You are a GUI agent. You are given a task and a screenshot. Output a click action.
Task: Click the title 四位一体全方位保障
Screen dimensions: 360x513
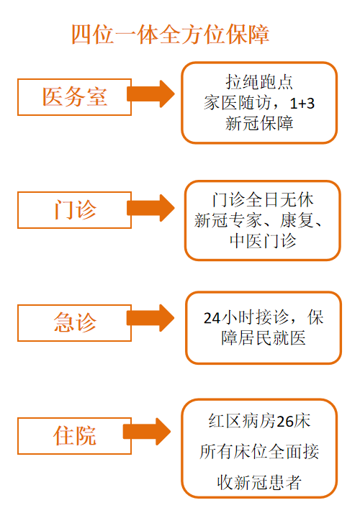[x=170, y=35]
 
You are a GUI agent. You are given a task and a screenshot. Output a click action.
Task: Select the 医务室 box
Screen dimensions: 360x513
[x=75, y=97]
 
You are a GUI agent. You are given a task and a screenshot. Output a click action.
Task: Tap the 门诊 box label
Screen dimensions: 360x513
[x=75, y=209]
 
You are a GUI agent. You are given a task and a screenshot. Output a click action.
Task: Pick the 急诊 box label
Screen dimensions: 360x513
[x=75, y=322]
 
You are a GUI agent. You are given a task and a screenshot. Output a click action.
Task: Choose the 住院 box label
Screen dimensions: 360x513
[x=75, y=435]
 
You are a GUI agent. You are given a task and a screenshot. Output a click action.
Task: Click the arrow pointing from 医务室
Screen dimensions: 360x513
[x=150, y=94]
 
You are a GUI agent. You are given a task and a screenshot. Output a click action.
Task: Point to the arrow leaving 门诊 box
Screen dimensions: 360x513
[x=150, y=208]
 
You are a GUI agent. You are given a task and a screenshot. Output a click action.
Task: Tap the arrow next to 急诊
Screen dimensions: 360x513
[x=150, y=318]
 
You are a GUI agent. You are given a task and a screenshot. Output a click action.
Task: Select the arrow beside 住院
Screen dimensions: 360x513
[x=147, y=432]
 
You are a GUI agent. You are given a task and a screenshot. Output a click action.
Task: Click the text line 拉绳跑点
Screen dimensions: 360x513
[x=259, y=82]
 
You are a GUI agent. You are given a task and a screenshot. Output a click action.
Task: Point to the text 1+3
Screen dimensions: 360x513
[x=302, y=104]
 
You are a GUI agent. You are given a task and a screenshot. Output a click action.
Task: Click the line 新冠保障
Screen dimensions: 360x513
[x=259, y=124]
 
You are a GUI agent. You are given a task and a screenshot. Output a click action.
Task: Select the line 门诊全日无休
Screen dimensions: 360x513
[x=263, y=200]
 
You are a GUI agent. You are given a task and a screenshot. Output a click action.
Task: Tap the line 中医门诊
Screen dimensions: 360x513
[x=263, y=241]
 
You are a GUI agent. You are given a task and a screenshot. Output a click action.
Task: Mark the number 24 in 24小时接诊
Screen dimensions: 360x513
[x=212, y=318]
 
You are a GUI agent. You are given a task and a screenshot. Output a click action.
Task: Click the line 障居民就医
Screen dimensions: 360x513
[x=264, y=338]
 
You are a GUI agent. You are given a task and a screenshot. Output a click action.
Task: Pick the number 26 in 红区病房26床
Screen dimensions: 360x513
[x=284, y=422]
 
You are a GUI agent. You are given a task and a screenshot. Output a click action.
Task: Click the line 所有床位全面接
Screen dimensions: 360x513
[x=259, y=452]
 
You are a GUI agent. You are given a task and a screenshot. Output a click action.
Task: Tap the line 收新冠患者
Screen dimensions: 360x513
[x=259, y=483]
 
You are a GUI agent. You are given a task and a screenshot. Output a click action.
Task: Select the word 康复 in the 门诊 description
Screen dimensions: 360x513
[x=297, y=220]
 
